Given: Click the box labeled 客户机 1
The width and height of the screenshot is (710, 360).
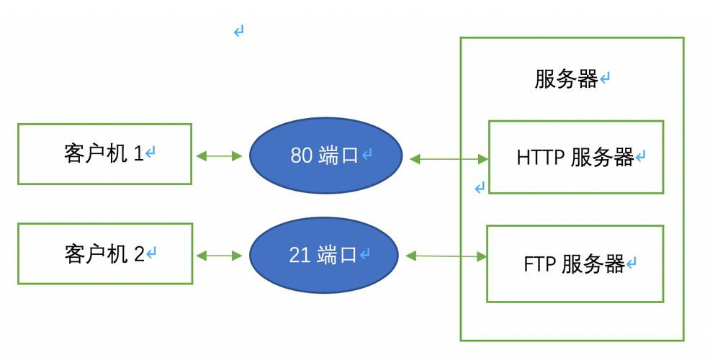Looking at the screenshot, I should tap(104, 153).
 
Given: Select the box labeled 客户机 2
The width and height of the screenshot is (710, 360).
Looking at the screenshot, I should tap(104, 253).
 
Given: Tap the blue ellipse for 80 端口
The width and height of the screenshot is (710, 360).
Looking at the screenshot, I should tap(325, 156).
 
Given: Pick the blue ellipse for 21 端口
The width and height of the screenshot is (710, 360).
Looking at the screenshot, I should tap(324, 255).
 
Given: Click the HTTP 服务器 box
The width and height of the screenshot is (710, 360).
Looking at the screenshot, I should tap(575, 157).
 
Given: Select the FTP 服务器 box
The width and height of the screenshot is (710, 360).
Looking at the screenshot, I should tap(575, 264).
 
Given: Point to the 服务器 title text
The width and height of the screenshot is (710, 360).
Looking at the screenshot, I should tap(566, 79).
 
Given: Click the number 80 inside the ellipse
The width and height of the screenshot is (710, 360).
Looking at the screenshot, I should tap(301, 156).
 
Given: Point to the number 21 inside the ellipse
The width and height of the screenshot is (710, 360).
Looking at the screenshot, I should tap(300, 255).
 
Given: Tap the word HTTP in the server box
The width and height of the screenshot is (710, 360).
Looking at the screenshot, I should tap(541, 158).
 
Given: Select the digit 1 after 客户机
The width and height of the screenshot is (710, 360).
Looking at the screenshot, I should tap(138, 154).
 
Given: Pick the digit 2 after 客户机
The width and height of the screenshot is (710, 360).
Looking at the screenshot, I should tap(139, 254).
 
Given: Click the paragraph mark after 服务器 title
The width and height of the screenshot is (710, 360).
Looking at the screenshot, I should tap(605, 79).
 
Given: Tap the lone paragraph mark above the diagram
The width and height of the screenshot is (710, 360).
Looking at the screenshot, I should tap(238, 31).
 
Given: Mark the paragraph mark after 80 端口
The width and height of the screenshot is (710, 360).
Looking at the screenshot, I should tap(367, 156).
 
